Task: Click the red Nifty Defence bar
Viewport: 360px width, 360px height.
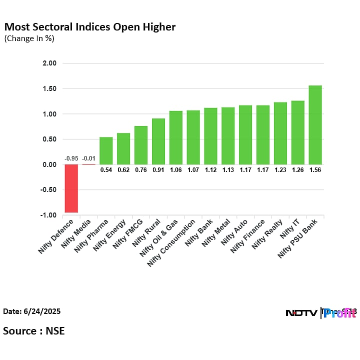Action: pyautogui.click(x=71, y=188)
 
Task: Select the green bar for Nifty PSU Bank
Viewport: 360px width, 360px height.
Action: pyautogui.click(x=315, y=125)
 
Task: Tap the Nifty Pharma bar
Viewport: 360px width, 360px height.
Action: pyautogui.click(x=106, y=150)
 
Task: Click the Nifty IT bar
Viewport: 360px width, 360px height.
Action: pyautogui.click(x=297, y=132)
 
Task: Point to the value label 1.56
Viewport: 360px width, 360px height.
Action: pyautogui.click(x=315, y=170)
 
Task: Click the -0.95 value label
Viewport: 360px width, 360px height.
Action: pyautogui.click(x=71, y=158)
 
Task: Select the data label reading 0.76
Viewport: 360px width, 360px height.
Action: pyautogui.click(x=140, y=170)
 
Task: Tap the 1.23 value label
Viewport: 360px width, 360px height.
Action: pyautogui.click(x=280, y=170)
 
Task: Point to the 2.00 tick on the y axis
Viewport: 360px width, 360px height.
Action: pyautogui.click(x=49, y=63)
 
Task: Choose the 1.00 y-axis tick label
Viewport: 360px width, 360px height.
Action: pyautogui.click(x=49, y=114)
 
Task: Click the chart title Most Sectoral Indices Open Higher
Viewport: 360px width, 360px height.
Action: pyautogui.click(x=90, y=27)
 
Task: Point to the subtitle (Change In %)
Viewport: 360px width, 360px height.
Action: pyautogui.click(x=29, y=38)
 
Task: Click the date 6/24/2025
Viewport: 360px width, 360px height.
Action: pyautogui.click(x=32, y=311)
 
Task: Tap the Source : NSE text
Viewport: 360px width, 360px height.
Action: pyautogui.click(x=34, y=330)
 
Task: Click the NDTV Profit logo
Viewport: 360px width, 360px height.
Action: pyautogui.click(x=320, y=313)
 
